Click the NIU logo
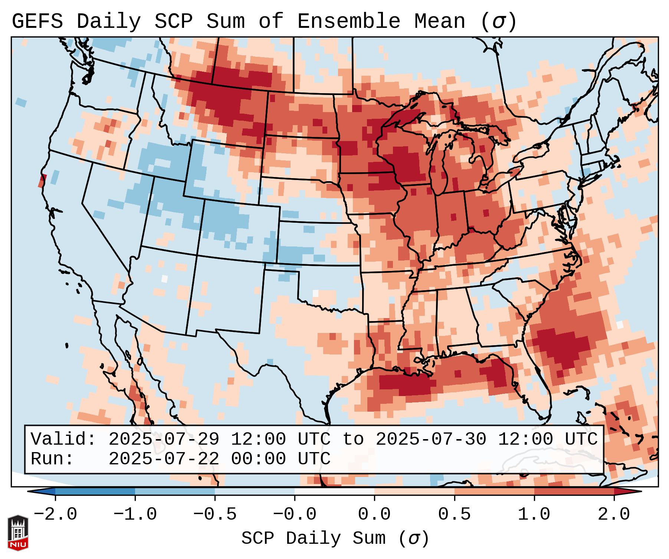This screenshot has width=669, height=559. point(18,532)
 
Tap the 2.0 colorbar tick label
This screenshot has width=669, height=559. point(614,514)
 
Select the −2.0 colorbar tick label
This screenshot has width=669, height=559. point(55,514)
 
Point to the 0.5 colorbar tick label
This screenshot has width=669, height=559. point(454,514)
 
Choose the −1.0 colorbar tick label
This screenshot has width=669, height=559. point(135,514)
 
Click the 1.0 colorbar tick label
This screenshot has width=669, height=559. point(534,514)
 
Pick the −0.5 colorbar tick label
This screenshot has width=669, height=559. point(215,514)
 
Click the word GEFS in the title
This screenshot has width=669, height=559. point(37,22)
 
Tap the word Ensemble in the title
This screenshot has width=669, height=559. point(348,22)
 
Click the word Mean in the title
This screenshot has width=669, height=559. point(439,22)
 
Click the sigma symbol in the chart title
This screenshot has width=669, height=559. point(498,22)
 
